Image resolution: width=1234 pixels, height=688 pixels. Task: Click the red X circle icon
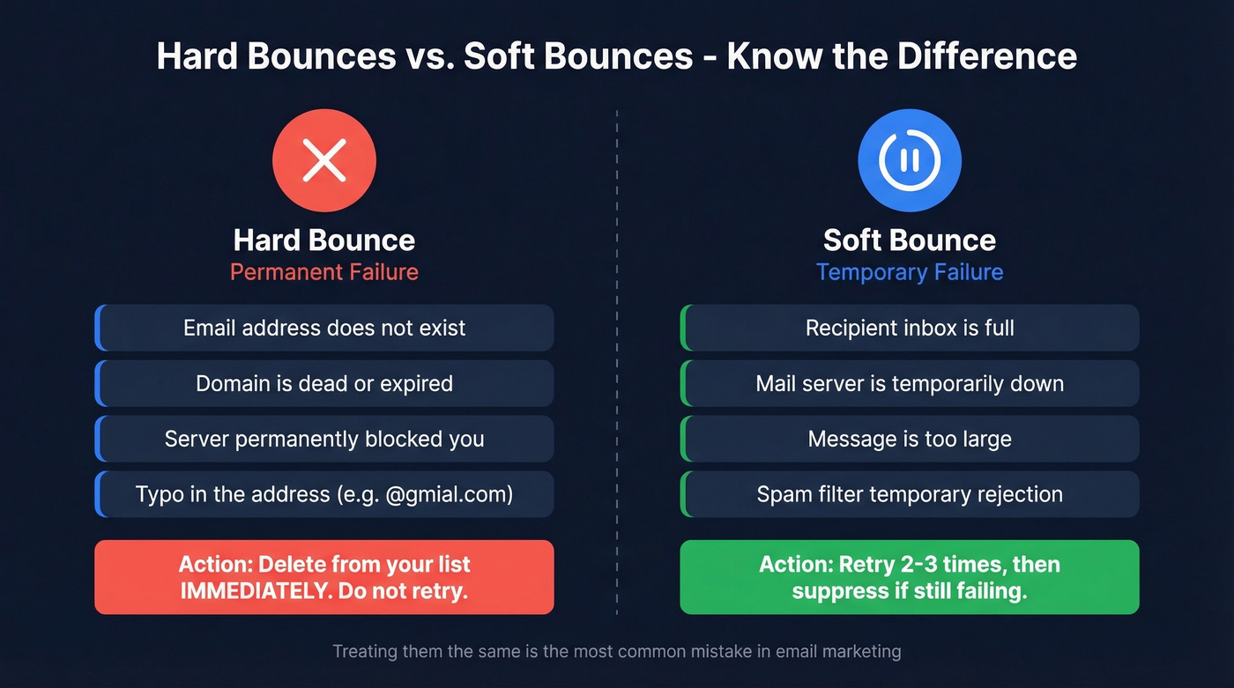(323, 161)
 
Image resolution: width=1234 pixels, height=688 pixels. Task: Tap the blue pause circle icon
(910, 161)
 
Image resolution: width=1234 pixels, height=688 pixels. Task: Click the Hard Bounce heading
(323, 240)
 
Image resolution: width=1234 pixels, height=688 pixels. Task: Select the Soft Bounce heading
(910, 240)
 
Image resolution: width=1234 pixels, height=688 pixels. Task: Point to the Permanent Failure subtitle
(323, 271)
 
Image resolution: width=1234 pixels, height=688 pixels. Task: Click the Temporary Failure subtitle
(910, 271)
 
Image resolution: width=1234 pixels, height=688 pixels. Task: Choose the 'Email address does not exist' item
(323, 328)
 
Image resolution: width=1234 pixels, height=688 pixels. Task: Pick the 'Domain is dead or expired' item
(323, 383)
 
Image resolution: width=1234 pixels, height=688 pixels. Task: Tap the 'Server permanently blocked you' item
(323, 439)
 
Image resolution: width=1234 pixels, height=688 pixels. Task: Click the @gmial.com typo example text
(449, 494)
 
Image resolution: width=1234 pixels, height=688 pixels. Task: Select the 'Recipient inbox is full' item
(910, 328)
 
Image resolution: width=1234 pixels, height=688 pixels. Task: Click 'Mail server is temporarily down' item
(910, 383)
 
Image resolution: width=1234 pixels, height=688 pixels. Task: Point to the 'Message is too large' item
(910, 439)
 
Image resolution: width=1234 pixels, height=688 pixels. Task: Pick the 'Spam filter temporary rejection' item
(910, 494)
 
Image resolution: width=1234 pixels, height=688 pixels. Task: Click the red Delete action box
(323, 577)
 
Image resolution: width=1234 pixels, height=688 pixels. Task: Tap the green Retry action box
(910, 577)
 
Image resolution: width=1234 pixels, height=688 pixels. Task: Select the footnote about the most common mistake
(617, 652)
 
